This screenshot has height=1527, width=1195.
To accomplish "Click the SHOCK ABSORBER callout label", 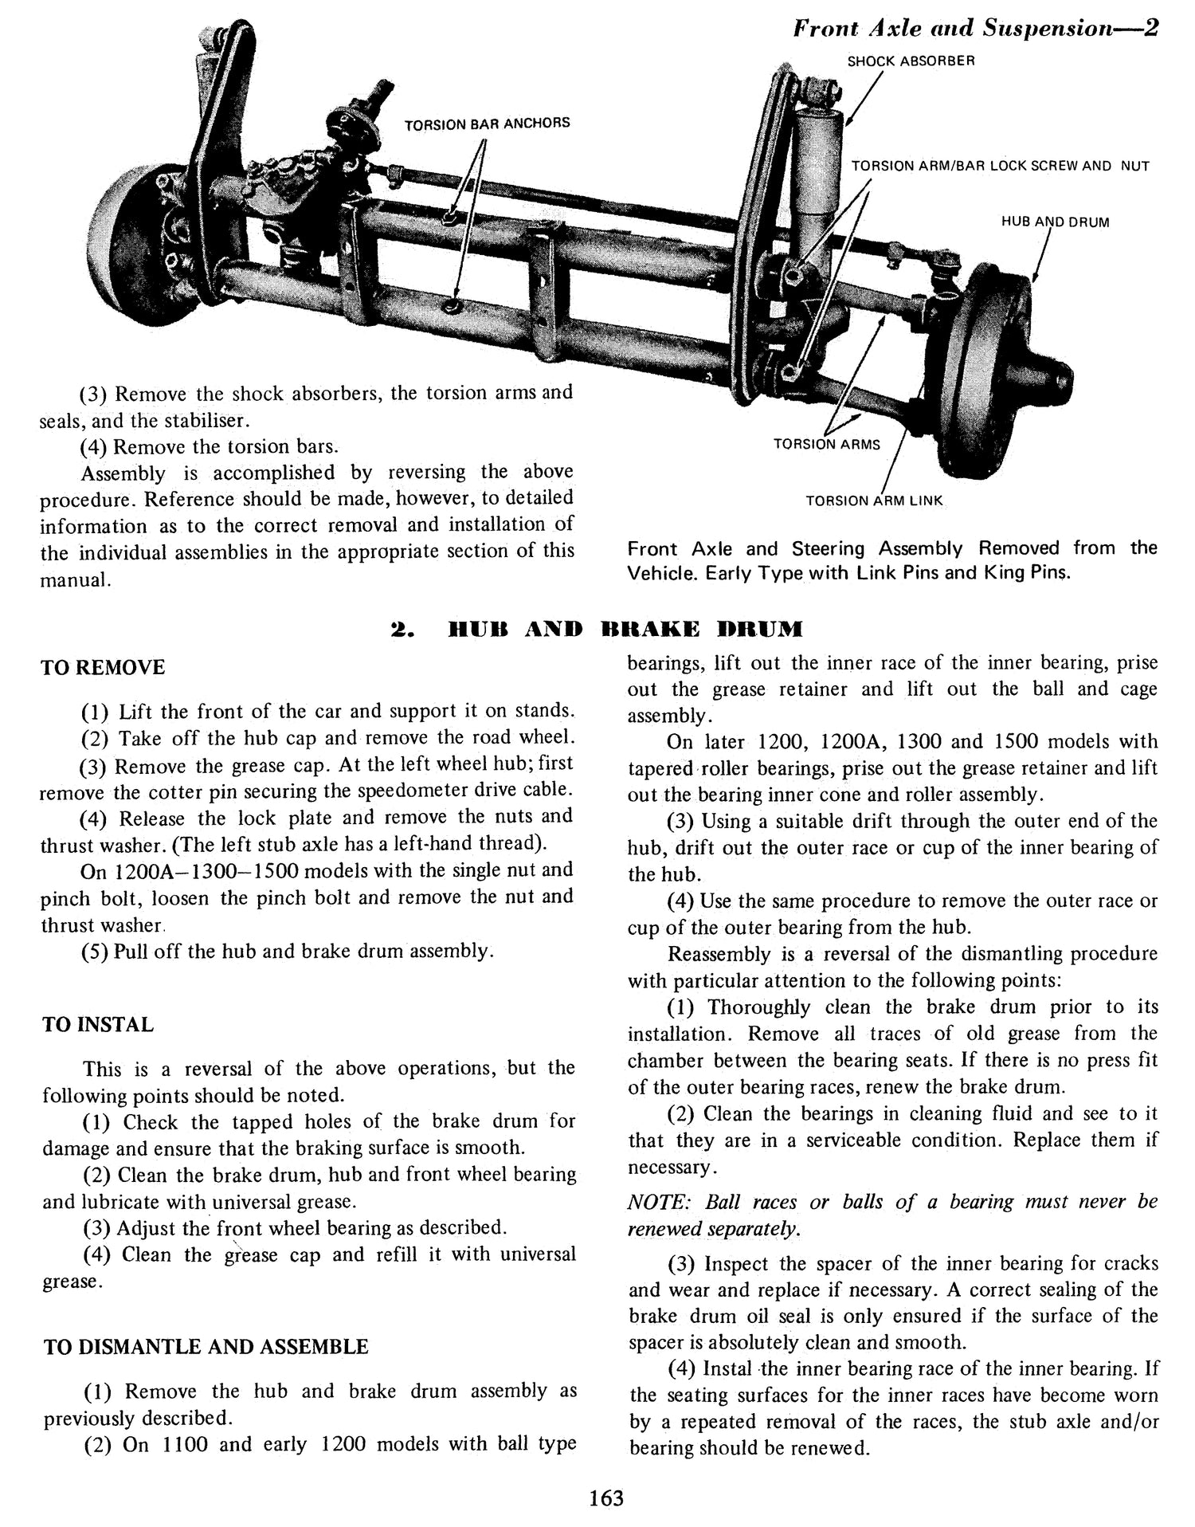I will click(x=911, y=61).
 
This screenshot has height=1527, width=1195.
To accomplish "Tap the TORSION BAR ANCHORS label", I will click(x=487, y=124).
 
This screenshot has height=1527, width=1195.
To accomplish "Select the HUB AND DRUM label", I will click(x=1055, y=222).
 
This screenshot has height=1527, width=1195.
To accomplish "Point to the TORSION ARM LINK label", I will click(x=874, y=501).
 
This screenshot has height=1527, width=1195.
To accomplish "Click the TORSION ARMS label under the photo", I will click(x=827, y=444).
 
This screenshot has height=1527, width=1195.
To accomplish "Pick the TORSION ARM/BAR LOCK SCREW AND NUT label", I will click(x=1000, y=166).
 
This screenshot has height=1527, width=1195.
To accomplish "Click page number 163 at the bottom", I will click(x=606, y=1497).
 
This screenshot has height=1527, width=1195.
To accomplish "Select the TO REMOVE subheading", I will click(x=103, y=668).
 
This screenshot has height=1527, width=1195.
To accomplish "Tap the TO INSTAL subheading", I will click(x=98, y=1024).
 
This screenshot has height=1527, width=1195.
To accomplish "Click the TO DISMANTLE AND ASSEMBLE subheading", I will click(x=206, y=1347).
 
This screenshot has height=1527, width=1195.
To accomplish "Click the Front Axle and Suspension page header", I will click(x=974, y=29).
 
